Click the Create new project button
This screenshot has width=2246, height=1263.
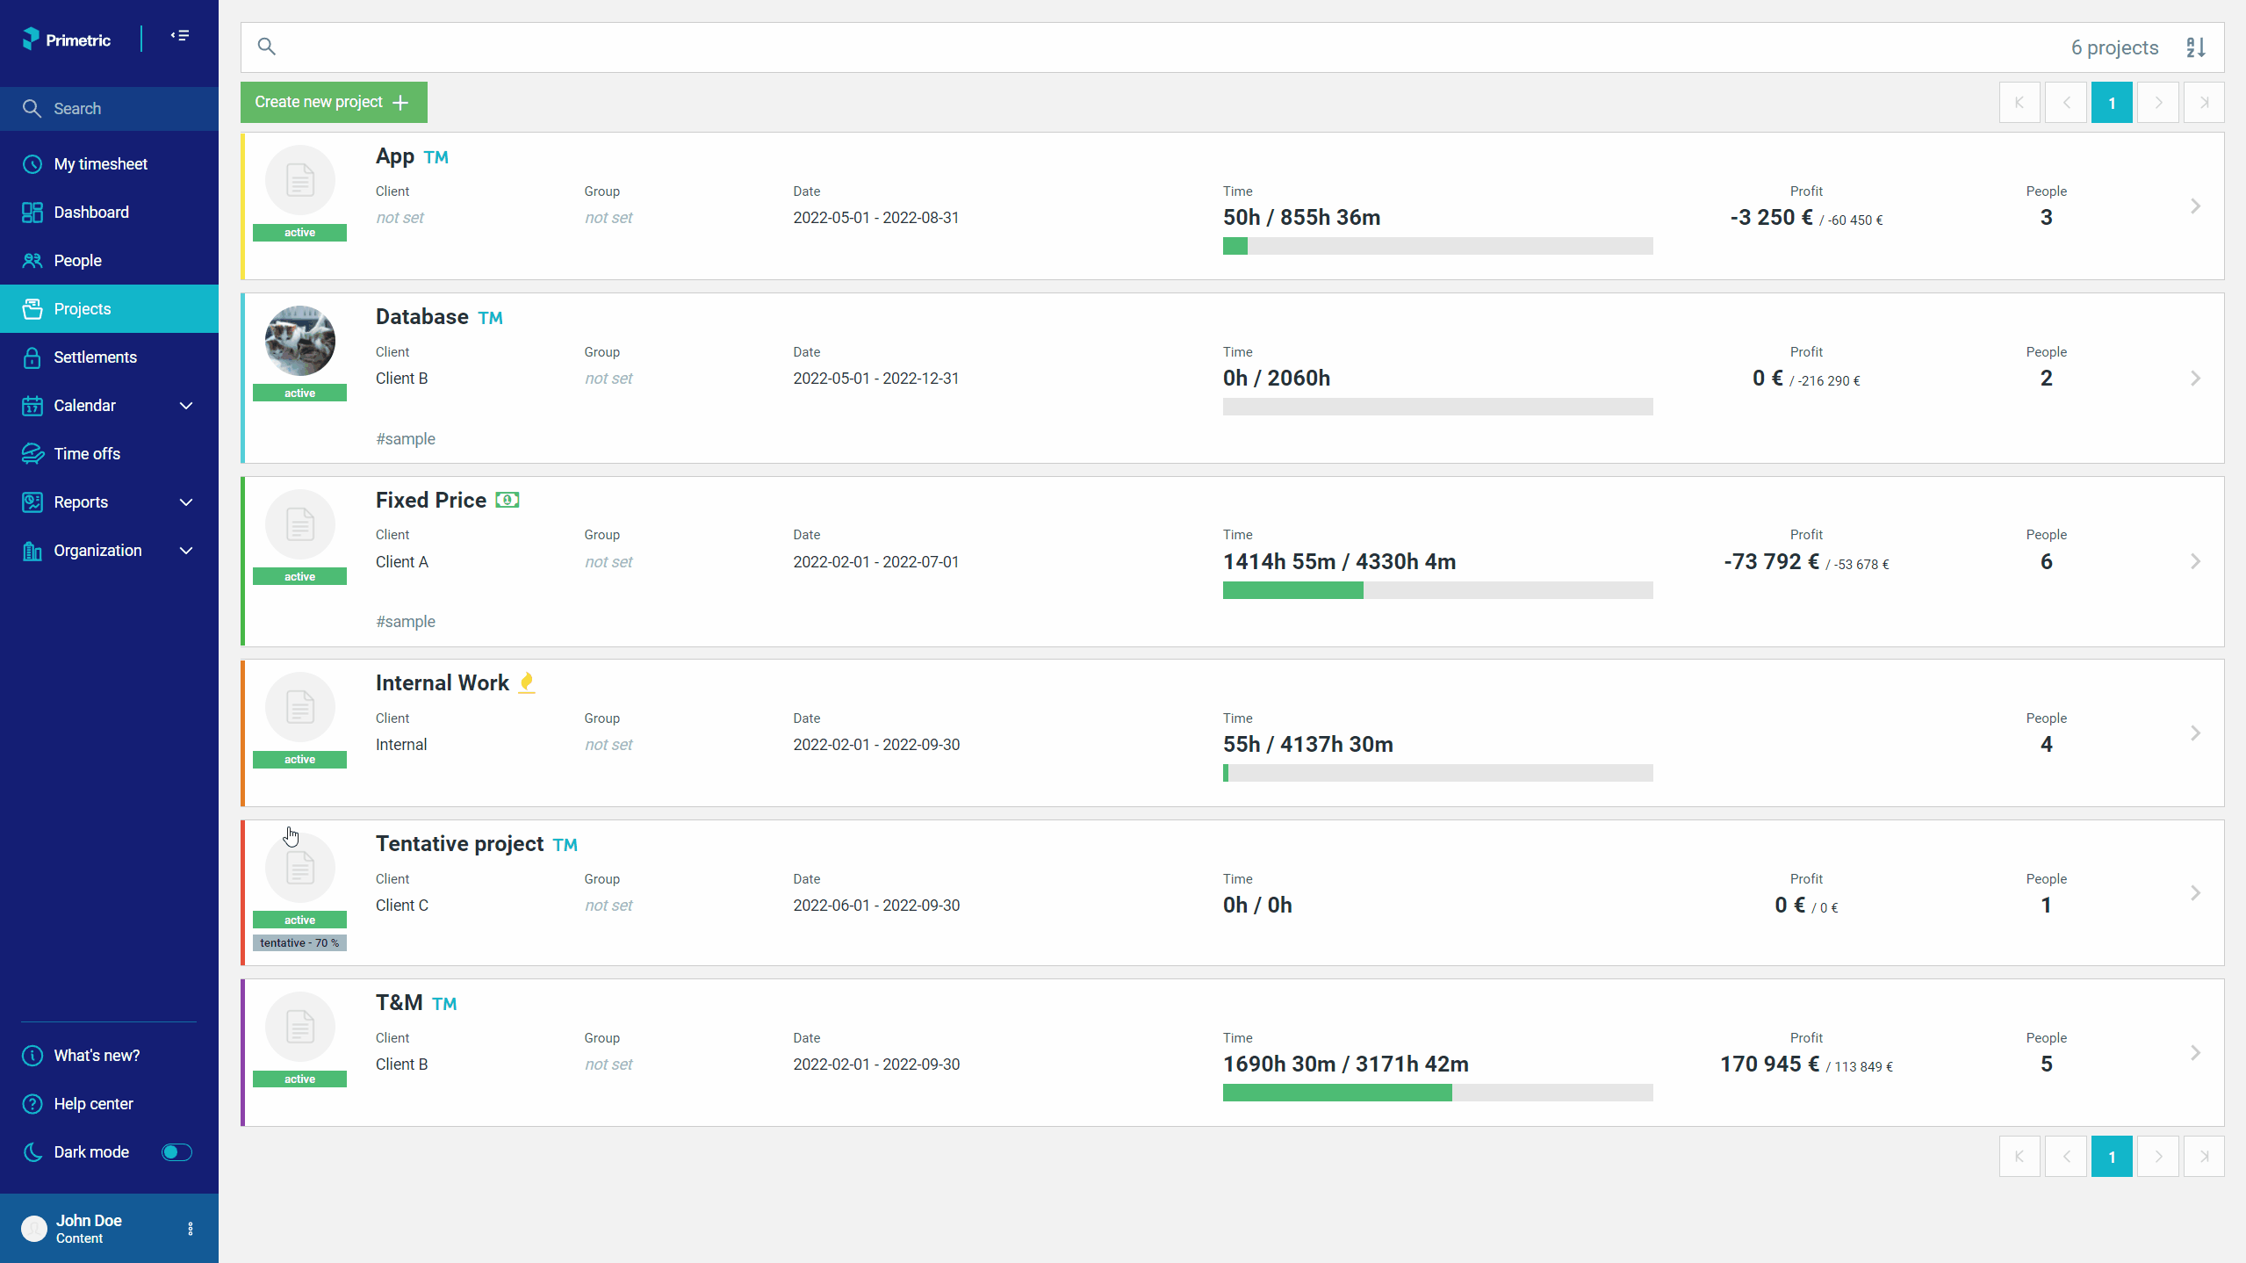coord(334,102)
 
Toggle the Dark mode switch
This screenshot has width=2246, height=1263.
coord(176,1152)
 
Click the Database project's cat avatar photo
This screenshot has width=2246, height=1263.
coord(300,341)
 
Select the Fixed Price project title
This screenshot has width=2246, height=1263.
coord(431,500)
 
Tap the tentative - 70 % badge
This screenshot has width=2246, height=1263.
coord(299,942)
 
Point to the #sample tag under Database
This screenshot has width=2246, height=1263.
coord(406,439)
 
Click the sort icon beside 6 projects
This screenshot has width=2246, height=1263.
coord(2196,47)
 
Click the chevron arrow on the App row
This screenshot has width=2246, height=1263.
coord(2195,206)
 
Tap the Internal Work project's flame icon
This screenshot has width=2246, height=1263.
coord(527,682)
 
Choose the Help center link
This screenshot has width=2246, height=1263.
coord(93,1104)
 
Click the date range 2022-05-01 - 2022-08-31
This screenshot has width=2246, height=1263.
coord(876,218)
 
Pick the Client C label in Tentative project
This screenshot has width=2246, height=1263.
coord(402,906)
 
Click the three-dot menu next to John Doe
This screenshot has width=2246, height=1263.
coord(191,1229)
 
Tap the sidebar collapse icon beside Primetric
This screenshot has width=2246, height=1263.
coord(180,36)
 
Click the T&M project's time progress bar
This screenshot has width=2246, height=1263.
coord(1437,1093)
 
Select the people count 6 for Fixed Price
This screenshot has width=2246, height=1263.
coord(2046,561)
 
